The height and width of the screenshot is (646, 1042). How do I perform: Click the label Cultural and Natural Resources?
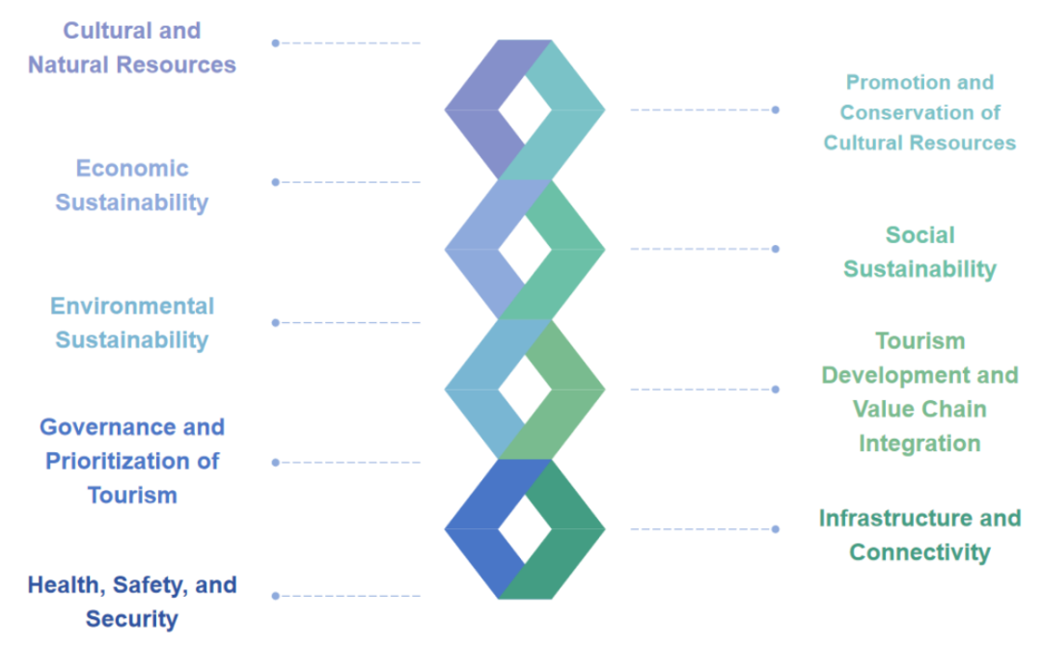[x=131, y=47]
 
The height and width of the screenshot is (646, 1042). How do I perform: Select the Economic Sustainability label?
[x=131, y=185]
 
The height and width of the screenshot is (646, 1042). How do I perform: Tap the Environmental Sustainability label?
[x=131, y=323]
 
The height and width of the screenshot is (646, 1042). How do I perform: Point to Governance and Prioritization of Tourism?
[x=131, y=461]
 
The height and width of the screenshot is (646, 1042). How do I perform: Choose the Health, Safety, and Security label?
[x=131, y=601]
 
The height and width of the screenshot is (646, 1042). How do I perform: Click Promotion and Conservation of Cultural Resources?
[x=919, y=113]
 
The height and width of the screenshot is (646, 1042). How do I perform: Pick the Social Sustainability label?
[x=919, y=252]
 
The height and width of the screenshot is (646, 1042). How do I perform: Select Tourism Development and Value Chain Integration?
[x=919, y=391]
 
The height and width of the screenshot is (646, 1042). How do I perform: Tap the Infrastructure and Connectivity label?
[x=919, y=534]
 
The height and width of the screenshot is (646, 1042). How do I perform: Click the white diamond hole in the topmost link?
[x=524, y=109]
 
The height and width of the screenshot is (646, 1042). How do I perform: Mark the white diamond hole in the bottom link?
[x=524, y=528]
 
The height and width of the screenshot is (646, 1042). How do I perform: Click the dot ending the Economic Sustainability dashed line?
[x=275, y=182]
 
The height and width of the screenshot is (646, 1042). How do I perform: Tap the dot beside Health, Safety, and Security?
[x=275, y=596]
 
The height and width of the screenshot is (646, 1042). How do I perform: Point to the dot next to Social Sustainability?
[x=775, y=249]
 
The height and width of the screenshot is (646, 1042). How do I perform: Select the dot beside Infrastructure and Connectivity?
[x=775, y=528]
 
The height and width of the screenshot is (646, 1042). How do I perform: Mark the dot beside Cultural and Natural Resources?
[x=275, y=42]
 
